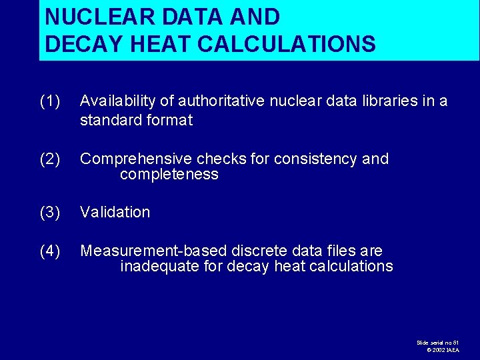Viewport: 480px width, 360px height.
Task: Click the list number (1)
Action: point(50,101)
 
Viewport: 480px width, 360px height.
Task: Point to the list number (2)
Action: point(50,159)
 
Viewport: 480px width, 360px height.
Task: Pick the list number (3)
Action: point(50,213)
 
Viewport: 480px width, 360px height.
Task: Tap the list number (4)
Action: point(50,251)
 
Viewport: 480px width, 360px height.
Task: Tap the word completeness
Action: point(169,175)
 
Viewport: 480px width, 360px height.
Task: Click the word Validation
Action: point(115,213)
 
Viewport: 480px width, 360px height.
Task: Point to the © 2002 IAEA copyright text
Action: point(443,350)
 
